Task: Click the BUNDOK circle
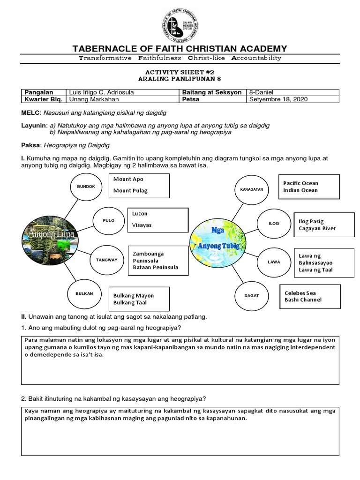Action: pyautogui.click(x=86, y=186)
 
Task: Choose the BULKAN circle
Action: pyautogui.click(x=85, y=293)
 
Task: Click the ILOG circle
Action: pyautogui.click(x=274, y=224)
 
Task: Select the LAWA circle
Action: pyautogui.click(x=274, y=262)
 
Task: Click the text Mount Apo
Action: pyautogui.click(x=128, y=179)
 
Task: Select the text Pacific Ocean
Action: pyautogui.click(x=300, y=183)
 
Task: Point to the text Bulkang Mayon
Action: pyautogui.click(x=134, y=296)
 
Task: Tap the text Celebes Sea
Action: pyautogui.click(x=300, y=292)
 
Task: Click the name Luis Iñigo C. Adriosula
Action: pyautogui.click(x=102, y=92)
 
